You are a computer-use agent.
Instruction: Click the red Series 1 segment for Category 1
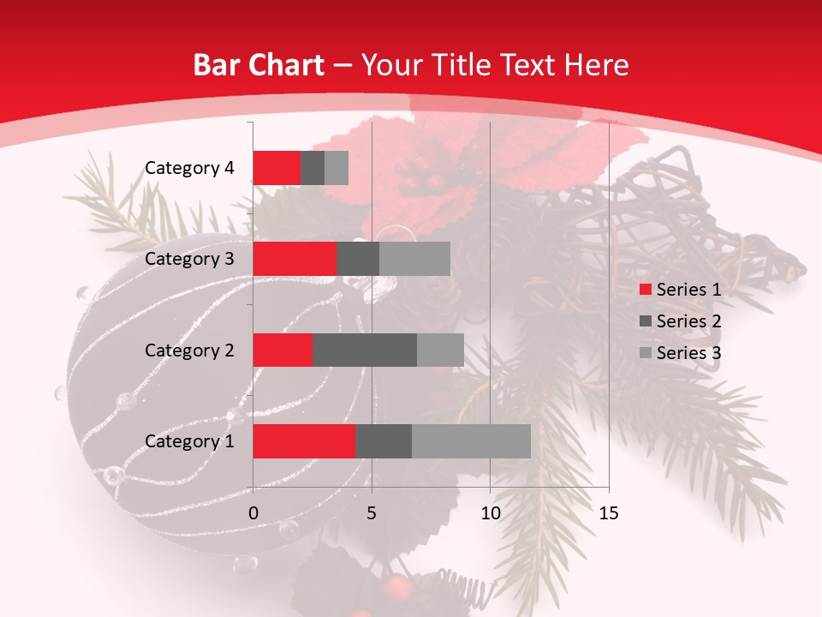tap(304, 441)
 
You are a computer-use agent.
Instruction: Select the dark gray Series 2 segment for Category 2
tap(365, 350)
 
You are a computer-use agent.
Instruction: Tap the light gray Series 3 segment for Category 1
tap(471, 441)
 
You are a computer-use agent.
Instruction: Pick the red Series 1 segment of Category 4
tap(277, 168)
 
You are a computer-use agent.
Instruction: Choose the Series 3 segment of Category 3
tap(414, 259)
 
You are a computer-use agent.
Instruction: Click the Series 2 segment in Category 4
tap(313, 168)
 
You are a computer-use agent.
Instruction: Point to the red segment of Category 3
tap(295, 259)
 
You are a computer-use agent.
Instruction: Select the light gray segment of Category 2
tap(440, 350)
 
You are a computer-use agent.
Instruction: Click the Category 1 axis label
tap(189, 441)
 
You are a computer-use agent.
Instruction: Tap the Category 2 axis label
tap(189, 350)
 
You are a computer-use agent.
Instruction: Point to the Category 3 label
tap(189, 259)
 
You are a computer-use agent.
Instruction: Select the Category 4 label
tap(189, 168)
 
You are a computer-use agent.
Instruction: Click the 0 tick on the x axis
tap(253, 513)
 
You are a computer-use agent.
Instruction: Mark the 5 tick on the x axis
tap(372, 513)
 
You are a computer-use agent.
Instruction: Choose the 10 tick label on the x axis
tap(490, 513)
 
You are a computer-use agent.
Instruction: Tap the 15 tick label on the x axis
tap(608, 513)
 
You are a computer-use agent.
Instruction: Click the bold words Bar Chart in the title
tap(259, 65)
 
